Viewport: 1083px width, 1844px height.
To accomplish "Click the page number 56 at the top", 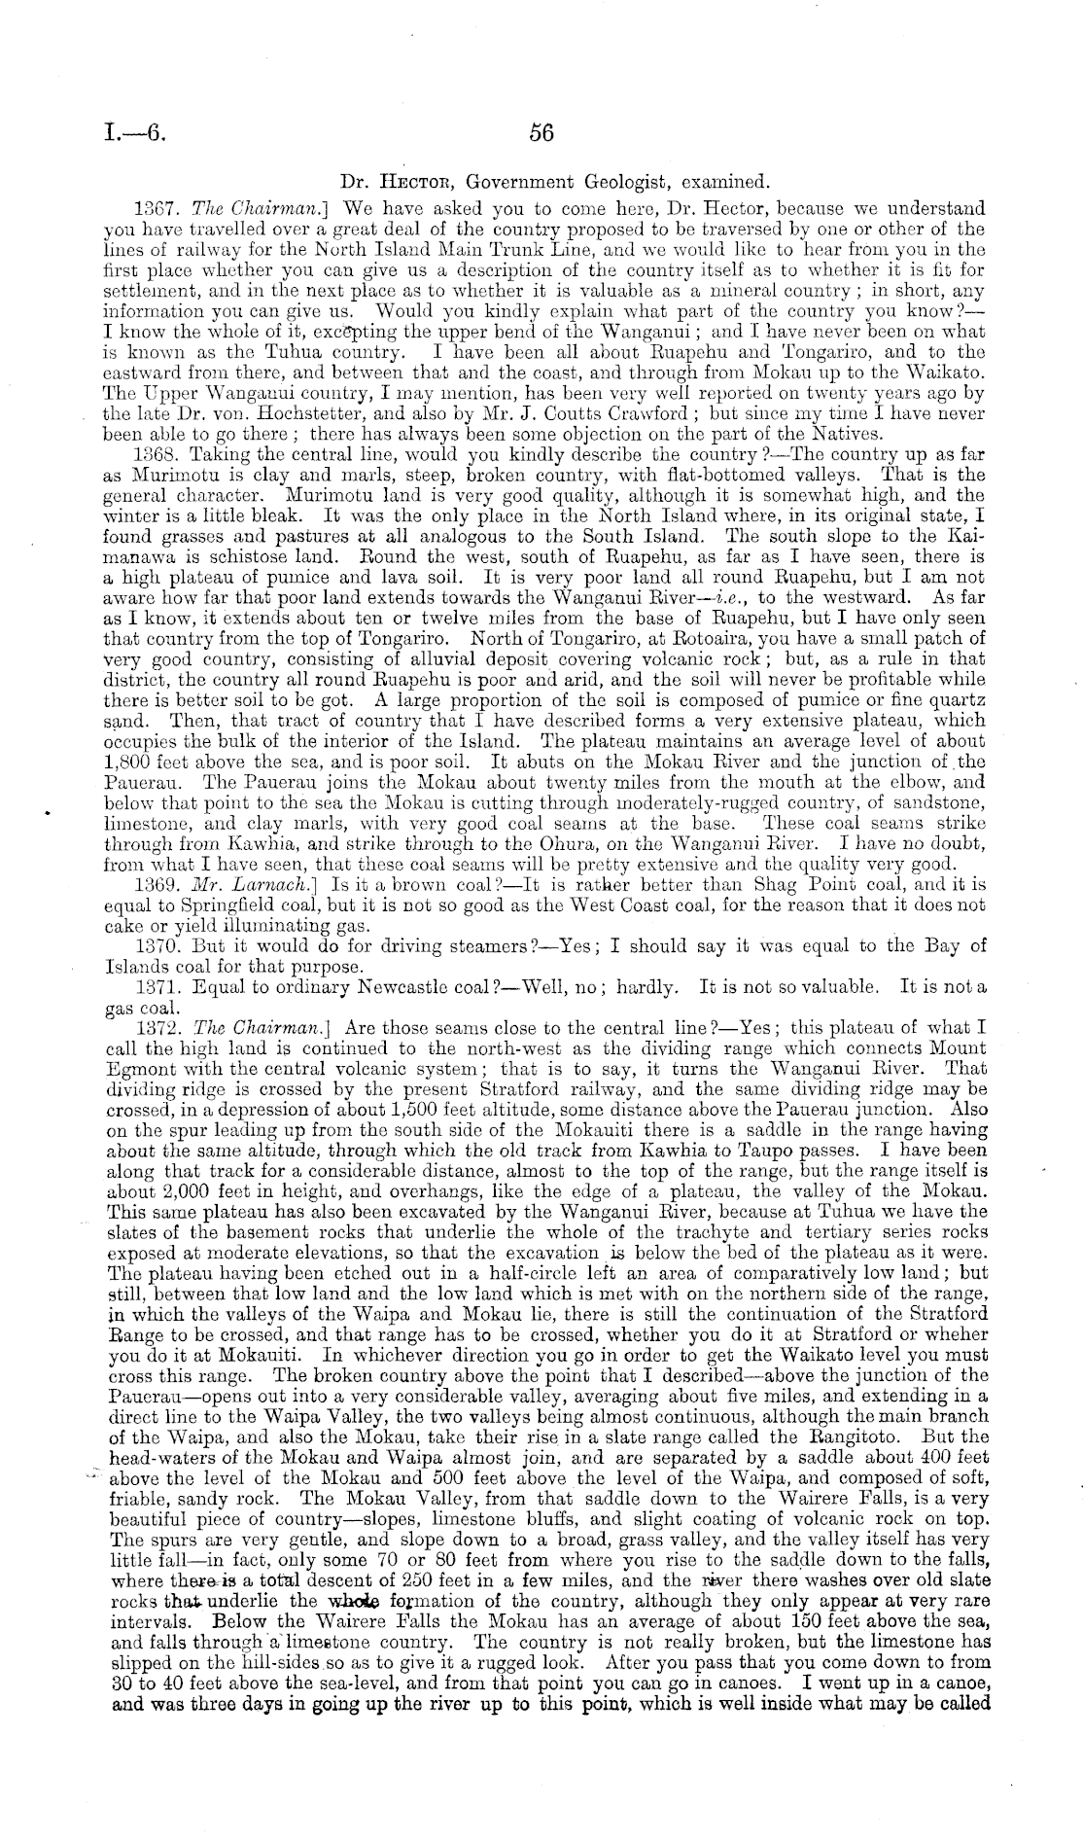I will pos(541,134).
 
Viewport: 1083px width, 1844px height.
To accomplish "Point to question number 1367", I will pos(152,208).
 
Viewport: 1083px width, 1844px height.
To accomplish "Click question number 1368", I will pos(152,455).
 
